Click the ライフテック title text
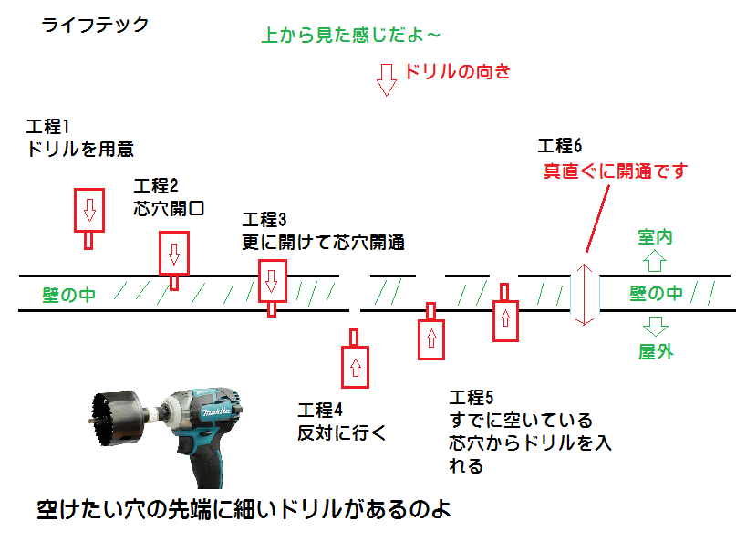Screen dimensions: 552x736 coord(95,26)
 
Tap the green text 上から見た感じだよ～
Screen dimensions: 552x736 coord(351,36)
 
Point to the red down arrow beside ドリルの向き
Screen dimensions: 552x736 coord(387,79)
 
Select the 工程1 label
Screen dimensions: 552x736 coord(48,125)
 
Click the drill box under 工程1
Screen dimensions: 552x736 coord(88,212)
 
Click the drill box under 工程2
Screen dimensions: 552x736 coord(173,253)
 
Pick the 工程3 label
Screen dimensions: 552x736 coord(264,220)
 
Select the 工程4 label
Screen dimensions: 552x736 coord(318,409)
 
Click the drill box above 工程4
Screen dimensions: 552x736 coord(355,367)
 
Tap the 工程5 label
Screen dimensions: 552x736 coord(472,397)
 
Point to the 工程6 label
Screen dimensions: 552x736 coord(559,146)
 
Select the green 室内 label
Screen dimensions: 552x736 coord(655,237)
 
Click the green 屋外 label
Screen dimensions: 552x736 coord(655,351)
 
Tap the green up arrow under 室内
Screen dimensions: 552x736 coord(655,263)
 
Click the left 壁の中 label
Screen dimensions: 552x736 coord(68,295)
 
